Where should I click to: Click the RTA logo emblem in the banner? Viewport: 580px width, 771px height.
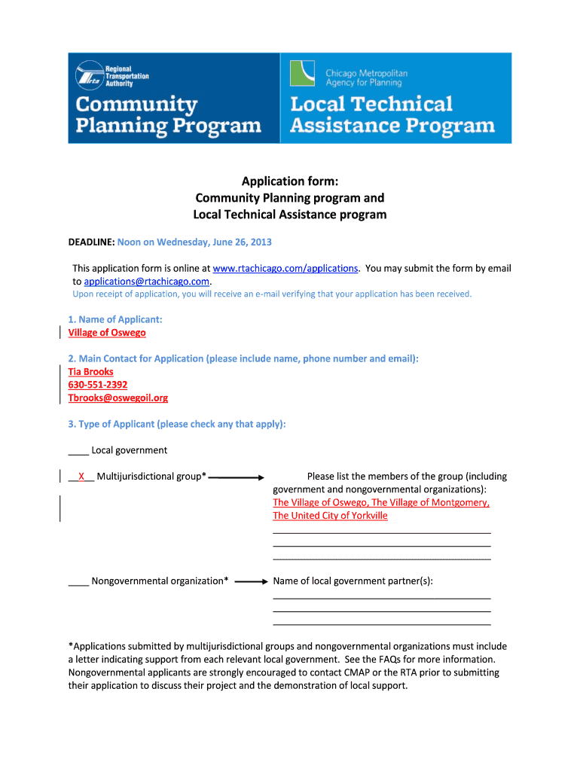click(x=89, y=75)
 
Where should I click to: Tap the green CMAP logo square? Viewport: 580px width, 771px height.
click(x=304, y=74)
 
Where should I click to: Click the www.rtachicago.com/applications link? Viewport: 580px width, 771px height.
click(x=285, y=268)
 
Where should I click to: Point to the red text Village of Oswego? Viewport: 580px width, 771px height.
click(x=107, y=332)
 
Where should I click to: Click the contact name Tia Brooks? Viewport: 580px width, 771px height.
click(x=90, y=372)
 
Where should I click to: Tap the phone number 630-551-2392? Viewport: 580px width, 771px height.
click(x=98, y=385)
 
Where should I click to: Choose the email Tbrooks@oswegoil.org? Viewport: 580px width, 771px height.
click(x=118, y=398)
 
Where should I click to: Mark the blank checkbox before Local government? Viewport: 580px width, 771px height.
click(x=78, y=451)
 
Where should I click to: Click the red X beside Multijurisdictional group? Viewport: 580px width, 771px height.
click(x=81, y=477)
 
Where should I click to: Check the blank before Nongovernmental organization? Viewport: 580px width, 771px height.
click(x=78, y=581)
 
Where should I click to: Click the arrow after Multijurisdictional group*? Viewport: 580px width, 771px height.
click(x=236, y=477)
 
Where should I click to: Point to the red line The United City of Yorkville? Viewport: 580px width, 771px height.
click(x=330, y=516)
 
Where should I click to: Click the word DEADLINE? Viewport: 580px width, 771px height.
click(x=91, y=242)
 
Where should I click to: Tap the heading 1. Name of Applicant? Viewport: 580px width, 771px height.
click(x=115, y=319)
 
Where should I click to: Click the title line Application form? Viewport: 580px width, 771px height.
click(x=289, y=181)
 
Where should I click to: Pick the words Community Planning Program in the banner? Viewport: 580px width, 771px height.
click(x=168, y=114)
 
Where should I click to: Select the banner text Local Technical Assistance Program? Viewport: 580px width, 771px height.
click(x=392, y=114)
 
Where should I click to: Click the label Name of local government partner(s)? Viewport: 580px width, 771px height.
click(x=353, y=581)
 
